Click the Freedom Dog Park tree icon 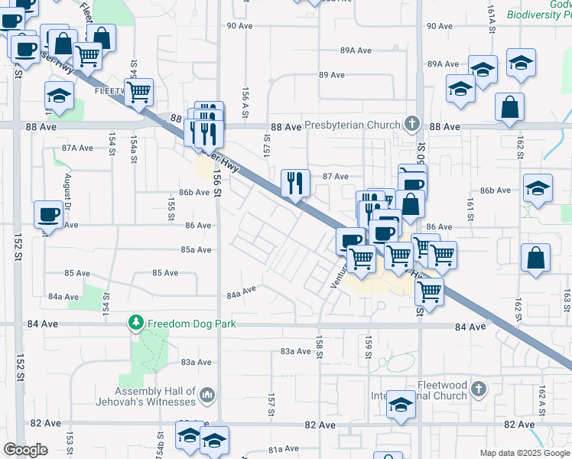136,324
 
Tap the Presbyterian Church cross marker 412,124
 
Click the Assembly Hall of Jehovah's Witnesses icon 206,395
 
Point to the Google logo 25,450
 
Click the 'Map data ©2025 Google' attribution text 524,453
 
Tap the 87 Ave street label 335,176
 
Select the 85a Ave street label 196,249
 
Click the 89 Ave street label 332,75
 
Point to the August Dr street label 67,192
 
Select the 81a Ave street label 283,449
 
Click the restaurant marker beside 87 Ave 295,184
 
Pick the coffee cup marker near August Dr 49,215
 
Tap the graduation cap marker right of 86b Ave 538,189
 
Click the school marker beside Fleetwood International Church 401,405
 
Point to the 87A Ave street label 77,148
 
